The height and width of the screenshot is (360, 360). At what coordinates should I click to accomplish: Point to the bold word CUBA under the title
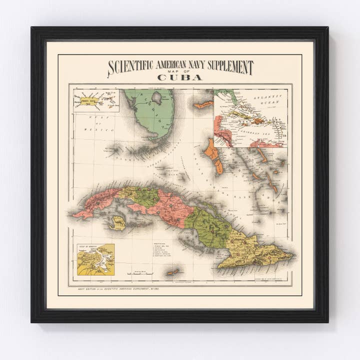[x=179, y=77]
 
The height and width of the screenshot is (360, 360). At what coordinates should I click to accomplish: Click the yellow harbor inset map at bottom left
[x=95, y=259]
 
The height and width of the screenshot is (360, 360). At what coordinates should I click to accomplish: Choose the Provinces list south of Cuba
[x=165, y=251]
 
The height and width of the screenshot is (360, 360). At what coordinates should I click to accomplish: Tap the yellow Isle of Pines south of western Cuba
[x=118, y=222]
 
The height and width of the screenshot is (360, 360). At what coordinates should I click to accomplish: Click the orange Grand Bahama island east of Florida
[x=203, y=105]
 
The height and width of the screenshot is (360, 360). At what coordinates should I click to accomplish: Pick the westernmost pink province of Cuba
[x=95, y=202]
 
